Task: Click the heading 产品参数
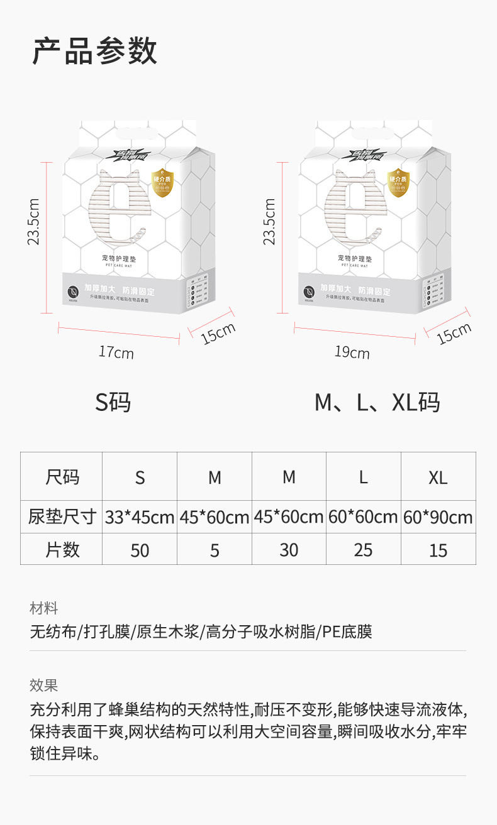click(94, 52)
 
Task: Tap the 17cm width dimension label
click(116, 352)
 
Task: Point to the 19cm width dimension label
click(352, 352)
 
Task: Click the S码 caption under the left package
click(113, 402)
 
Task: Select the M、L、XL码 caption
click(377, 402)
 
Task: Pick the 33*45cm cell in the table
click(139, 517)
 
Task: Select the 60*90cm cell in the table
click(438, 517)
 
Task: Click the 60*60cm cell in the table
click(363, 517)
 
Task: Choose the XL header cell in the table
click(438, 478)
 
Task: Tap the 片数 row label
click(62, 550)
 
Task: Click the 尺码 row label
click(62, 477)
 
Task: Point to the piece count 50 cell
click(140, 550)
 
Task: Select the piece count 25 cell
click(363, 550)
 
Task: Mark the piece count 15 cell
click(438, 550)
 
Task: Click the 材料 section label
click(43, 608)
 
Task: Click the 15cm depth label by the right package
click(454, 333)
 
